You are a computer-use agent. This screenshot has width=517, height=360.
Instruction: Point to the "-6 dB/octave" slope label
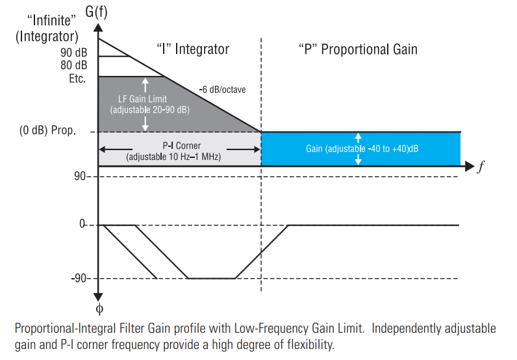(x=222, y=90)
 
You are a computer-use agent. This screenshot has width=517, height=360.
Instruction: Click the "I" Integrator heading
(x=193, y=49)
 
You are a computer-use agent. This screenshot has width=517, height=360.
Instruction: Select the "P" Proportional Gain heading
(x=358, y=49)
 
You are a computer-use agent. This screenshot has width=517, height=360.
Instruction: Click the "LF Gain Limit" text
(x=144, y=99)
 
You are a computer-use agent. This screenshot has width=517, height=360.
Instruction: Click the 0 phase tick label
(x=82, y=225)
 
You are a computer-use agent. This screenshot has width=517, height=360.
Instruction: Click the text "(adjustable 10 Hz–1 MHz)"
(x=173, y=157)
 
